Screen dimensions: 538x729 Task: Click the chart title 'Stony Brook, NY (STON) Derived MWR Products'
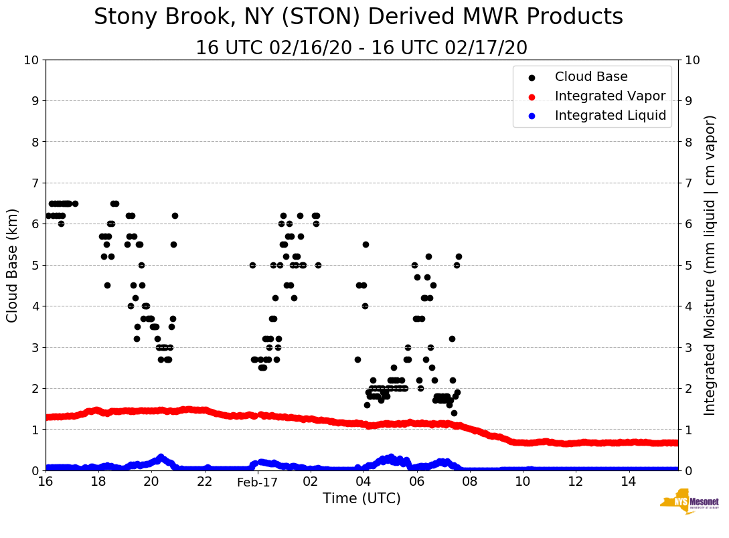coord(358,17)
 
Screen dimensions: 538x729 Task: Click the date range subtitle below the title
coord(361,48)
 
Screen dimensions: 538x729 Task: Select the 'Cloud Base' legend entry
coord(591,77)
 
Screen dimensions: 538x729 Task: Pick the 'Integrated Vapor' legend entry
coord(610,96)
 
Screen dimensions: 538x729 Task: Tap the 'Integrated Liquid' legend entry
coord(610,116)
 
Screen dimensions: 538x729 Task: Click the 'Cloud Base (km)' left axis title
coord(13,265)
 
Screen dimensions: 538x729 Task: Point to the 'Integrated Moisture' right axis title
coord(710,265)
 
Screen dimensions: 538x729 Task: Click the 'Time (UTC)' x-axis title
coord(361,499)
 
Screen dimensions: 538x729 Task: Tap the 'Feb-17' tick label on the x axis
coord(257,481)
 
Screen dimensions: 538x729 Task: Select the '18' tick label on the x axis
coord(98,481)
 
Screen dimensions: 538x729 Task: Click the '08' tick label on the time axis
coord(469,481)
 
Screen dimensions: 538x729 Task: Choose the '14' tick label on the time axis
coord(629,481)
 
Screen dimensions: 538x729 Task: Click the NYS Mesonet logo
coord(689,502)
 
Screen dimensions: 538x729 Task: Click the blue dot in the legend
coord(532,116)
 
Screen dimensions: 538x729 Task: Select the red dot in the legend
coord(532,96)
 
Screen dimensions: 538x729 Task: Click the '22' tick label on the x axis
coord(204,481)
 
